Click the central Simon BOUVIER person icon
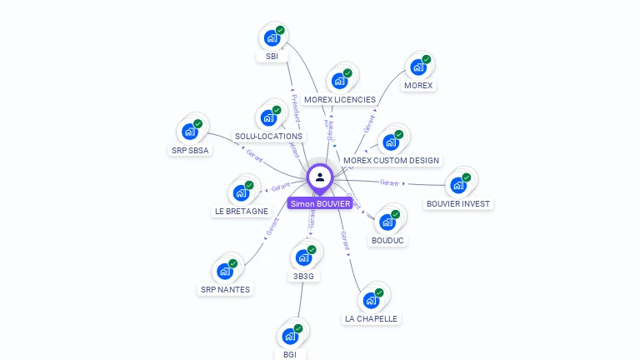point(320,177)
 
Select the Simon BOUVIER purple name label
point(320,203)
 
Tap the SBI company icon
point(271,37)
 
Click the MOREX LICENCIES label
point(340,99)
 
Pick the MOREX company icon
point(417,67)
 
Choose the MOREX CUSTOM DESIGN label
point(391,160)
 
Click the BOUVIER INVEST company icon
point(457,185)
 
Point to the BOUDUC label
point(387,240)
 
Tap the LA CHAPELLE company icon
point(370,300)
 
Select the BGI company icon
point(289,336)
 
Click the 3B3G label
point(302,276)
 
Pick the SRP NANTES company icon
point(224,271)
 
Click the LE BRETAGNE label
point(242,211)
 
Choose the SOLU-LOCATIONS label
point(268,136)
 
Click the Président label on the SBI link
point(296,108)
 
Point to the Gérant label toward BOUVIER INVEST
point(389,182)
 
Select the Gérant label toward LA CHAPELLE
point(344,241)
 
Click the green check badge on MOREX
point(426,59)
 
